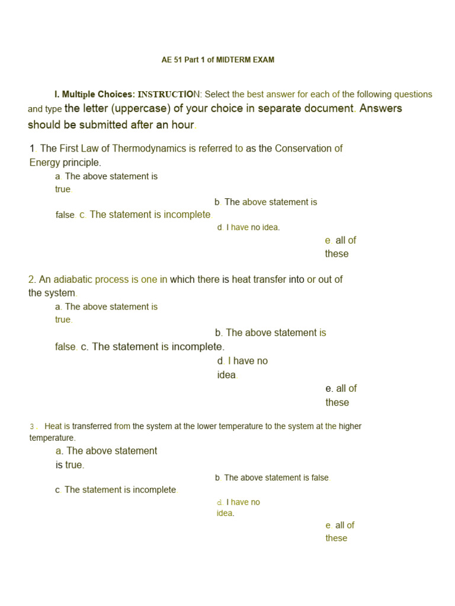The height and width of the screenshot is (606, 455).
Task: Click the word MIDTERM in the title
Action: [x=232, y=60]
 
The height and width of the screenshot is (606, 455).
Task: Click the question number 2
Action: [x=31, y=279]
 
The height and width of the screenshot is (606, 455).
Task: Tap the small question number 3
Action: [x=33, y=427]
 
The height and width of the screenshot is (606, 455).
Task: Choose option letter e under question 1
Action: [x=328, y=240]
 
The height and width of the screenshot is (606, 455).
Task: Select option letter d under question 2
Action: [x=220, y=361]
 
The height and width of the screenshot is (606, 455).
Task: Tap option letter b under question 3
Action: [x=217, y=478]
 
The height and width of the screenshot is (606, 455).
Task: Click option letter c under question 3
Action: [x=57, y=490]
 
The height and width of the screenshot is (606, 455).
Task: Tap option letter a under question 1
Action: [x=57, y=176]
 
